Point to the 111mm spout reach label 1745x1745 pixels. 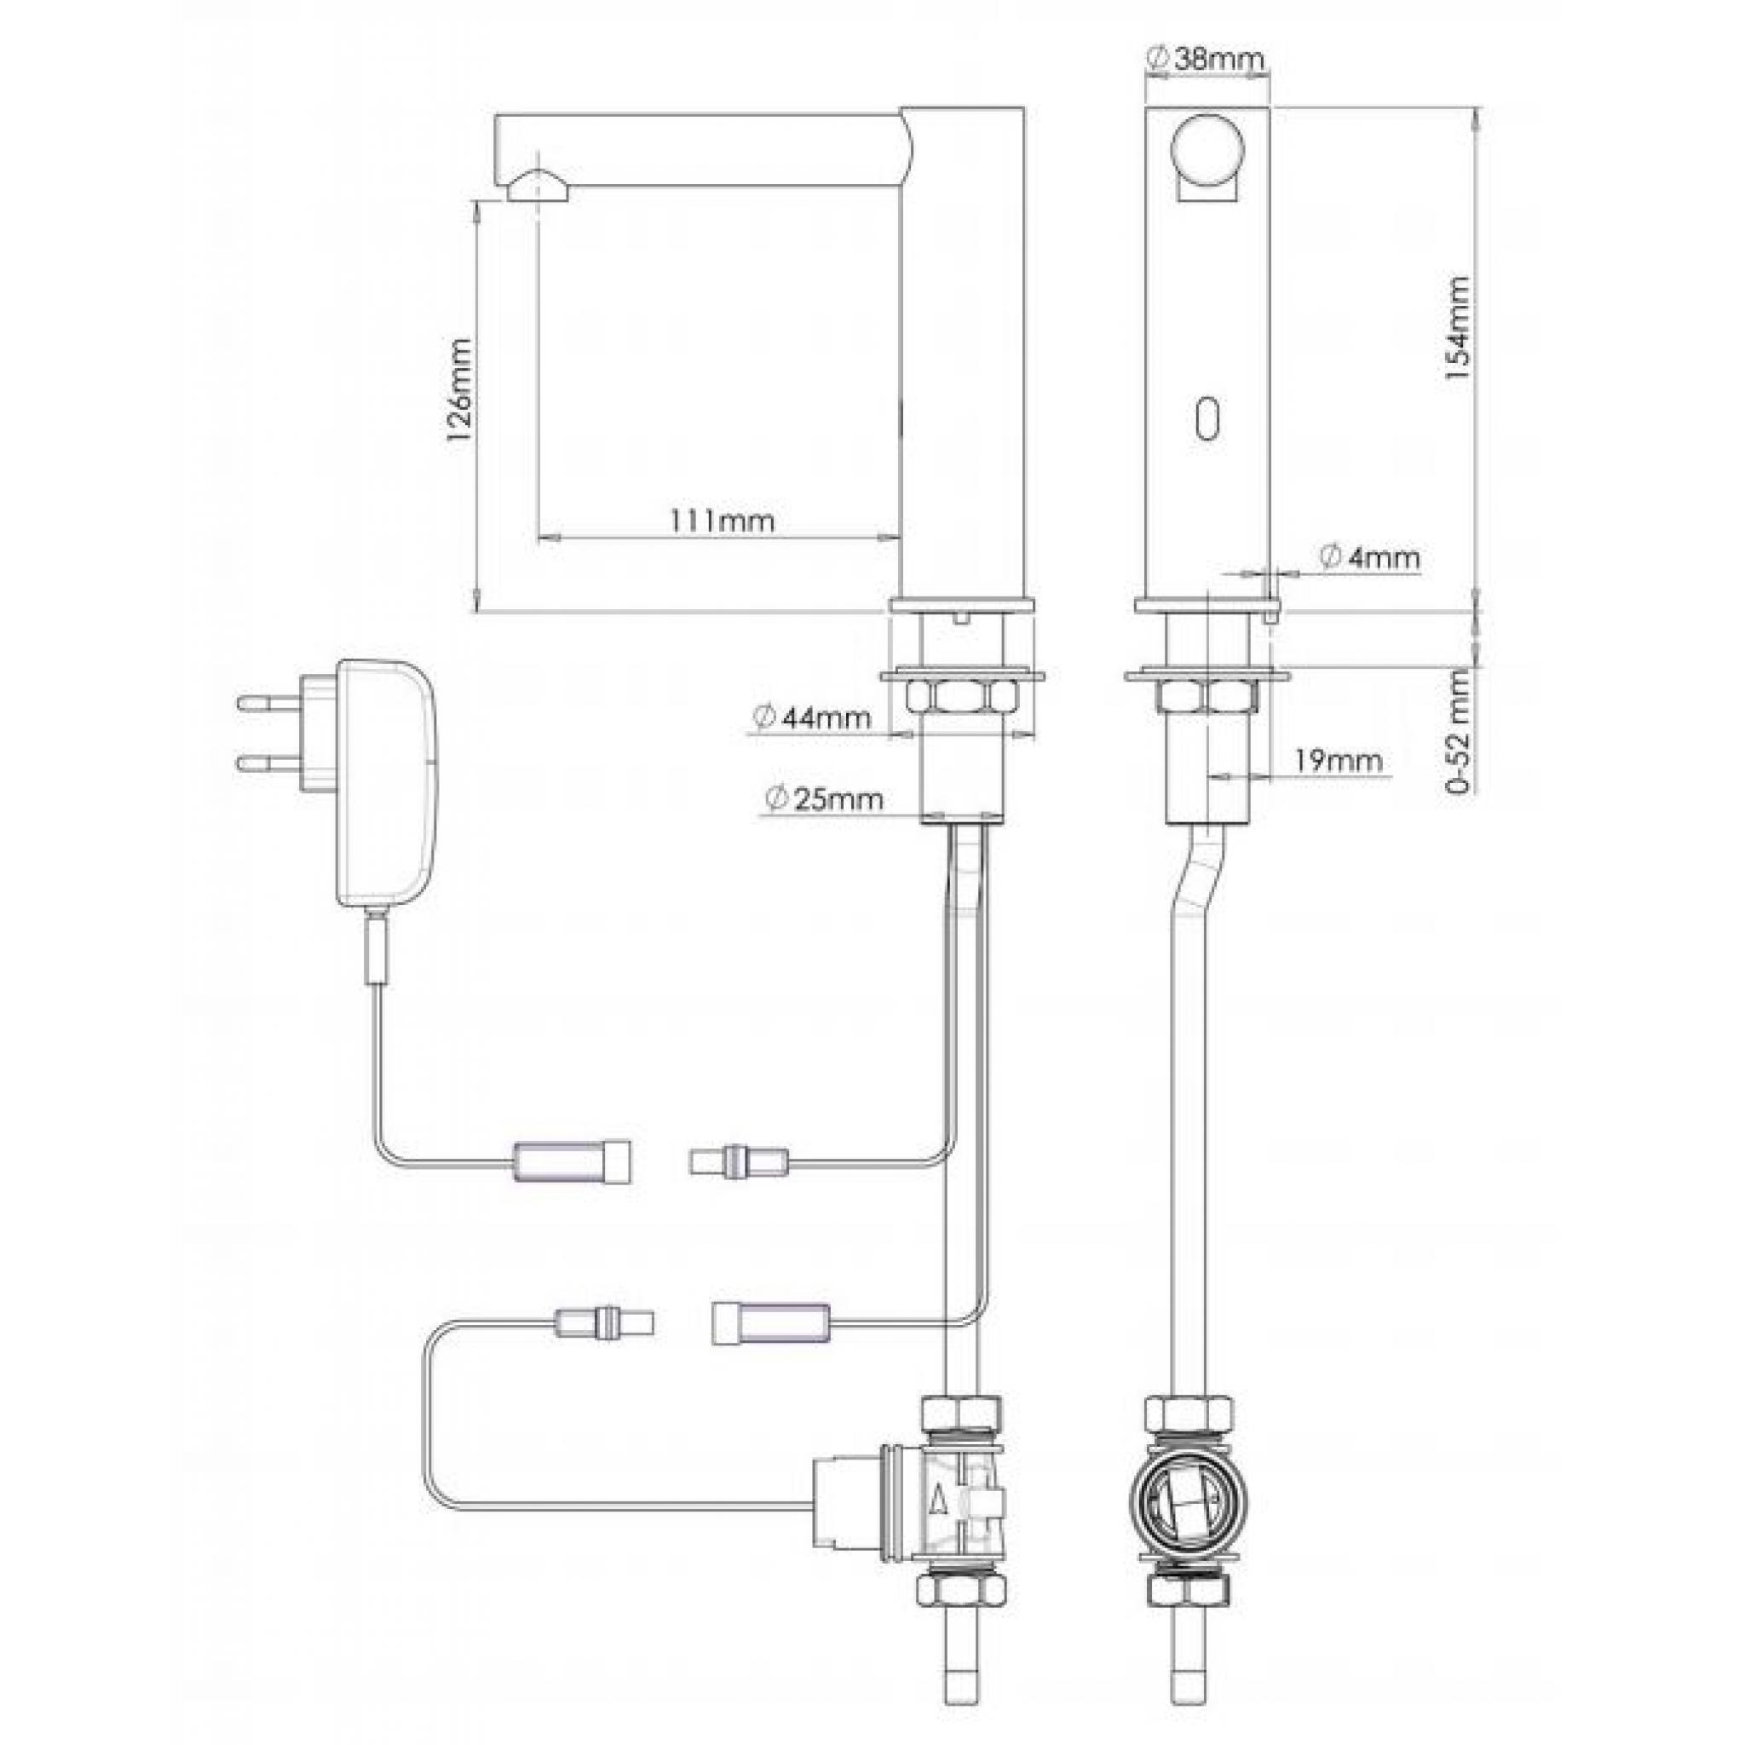click(722, 521)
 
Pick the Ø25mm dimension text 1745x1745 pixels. click(823, 798)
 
